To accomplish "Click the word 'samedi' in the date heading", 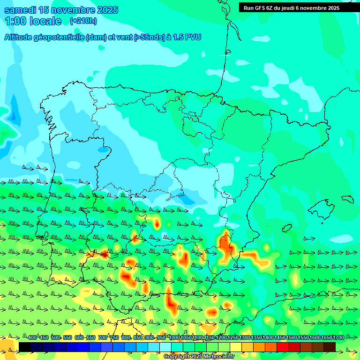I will pos(21,10).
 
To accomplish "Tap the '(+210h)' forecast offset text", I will pos(83,21).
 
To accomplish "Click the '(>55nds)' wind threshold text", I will pos(149,37).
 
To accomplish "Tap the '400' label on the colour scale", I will pos(32,338).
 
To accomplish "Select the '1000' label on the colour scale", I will pos(174,338).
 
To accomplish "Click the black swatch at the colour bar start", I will pos(25,347).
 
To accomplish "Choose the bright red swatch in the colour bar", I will pos(283,347).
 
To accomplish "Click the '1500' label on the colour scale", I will pos(292,338).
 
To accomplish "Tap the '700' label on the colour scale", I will pos(103,338).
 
